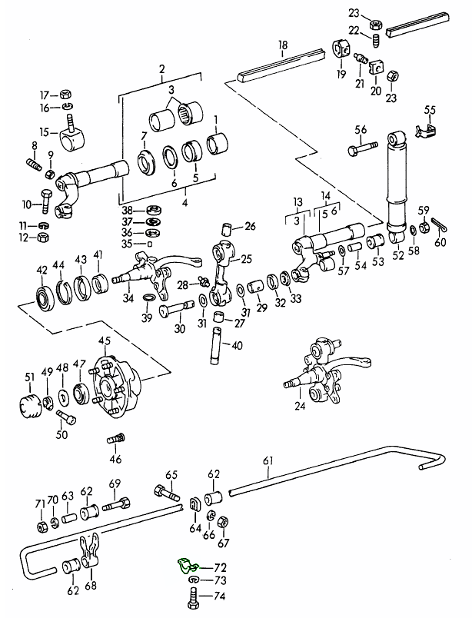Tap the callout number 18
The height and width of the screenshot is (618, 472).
click(283, 46)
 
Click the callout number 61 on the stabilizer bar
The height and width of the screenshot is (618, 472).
click(268, 460)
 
